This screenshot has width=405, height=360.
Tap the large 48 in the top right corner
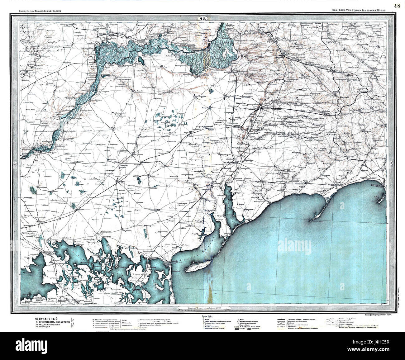[397, 6]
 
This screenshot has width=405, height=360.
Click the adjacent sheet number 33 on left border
[16, 164]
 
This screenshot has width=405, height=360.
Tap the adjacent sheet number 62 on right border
[391, 163]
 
